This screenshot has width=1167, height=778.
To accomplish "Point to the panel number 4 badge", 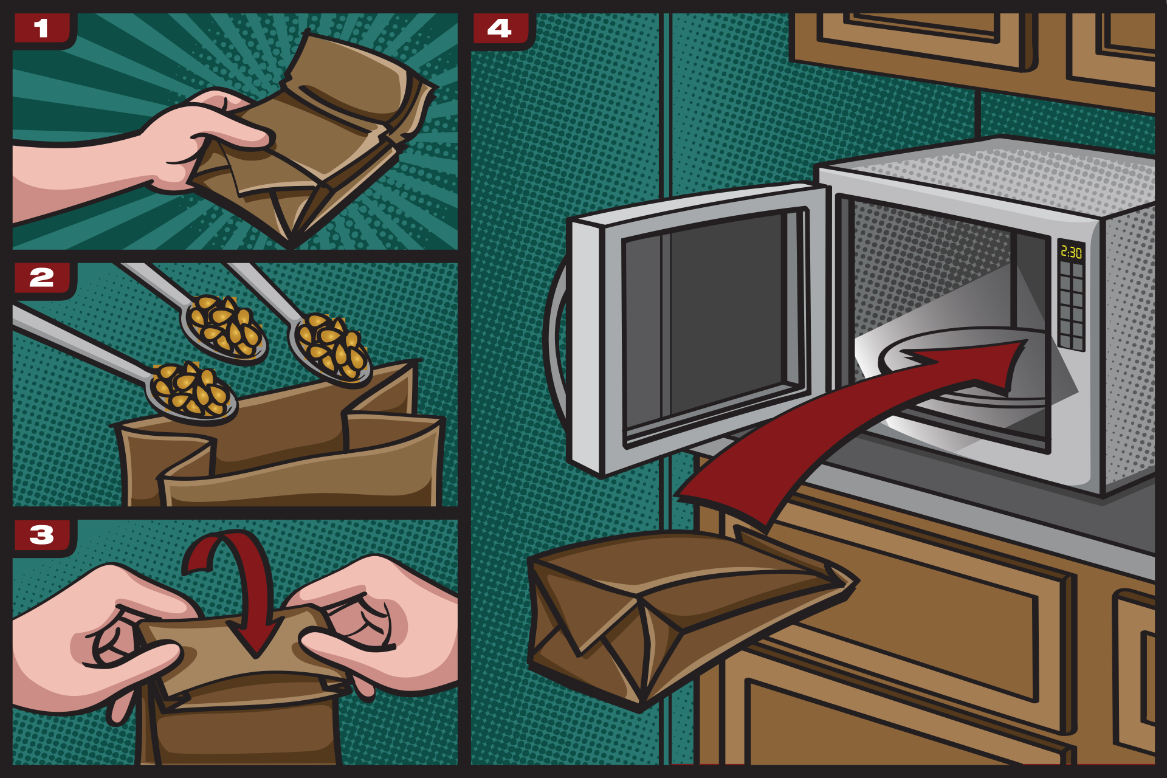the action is click(500, 29).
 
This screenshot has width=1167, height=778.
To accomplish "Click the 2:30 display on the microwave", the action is click(1071, 252).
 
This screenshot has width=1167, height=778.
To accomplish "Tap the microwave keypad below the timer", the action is click(1071, 307).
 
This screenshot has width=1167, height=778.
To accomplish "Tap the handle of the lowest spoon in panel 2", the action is click(79, 343).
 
